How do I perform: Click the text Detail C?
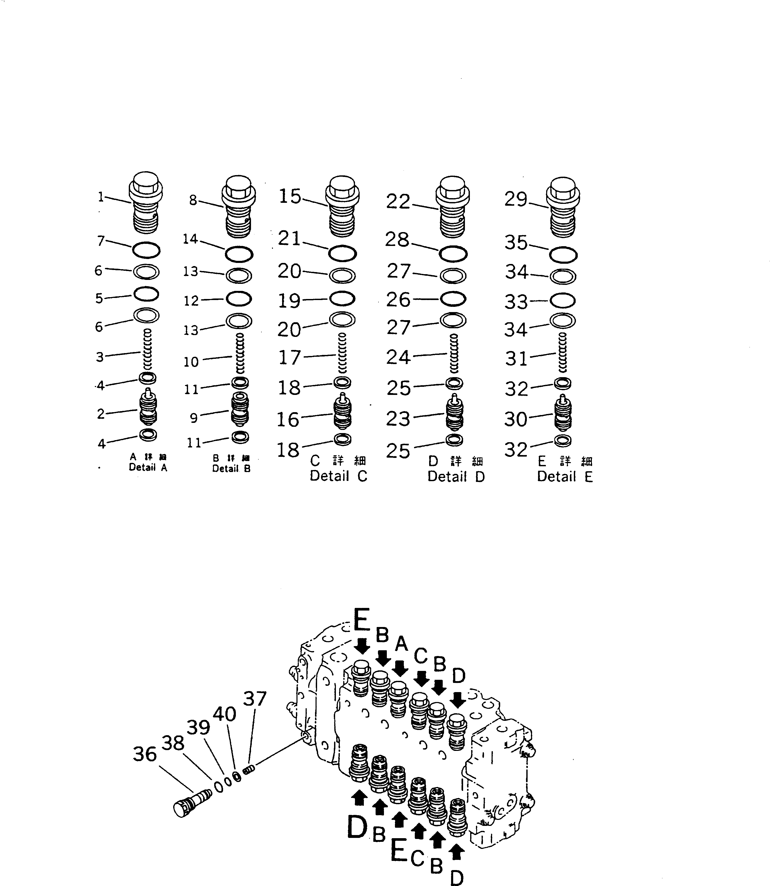338,476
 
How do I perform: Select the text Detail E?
565,476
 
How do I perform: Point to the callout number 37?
255,699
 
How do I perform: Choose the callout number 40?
224,714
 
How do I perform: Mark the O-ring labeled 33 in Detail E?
562,301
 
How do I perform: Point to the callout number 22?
398,201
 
